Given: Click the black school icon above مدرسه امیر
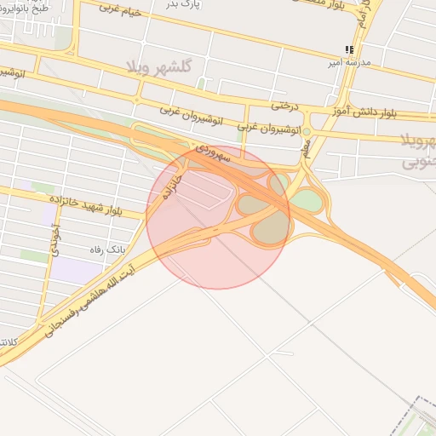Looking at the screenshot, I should point(349,50).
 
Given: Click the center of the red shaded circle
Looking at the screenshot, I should point(218,216).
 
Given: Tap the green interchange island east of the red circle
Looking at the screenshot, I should point(307,202).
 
